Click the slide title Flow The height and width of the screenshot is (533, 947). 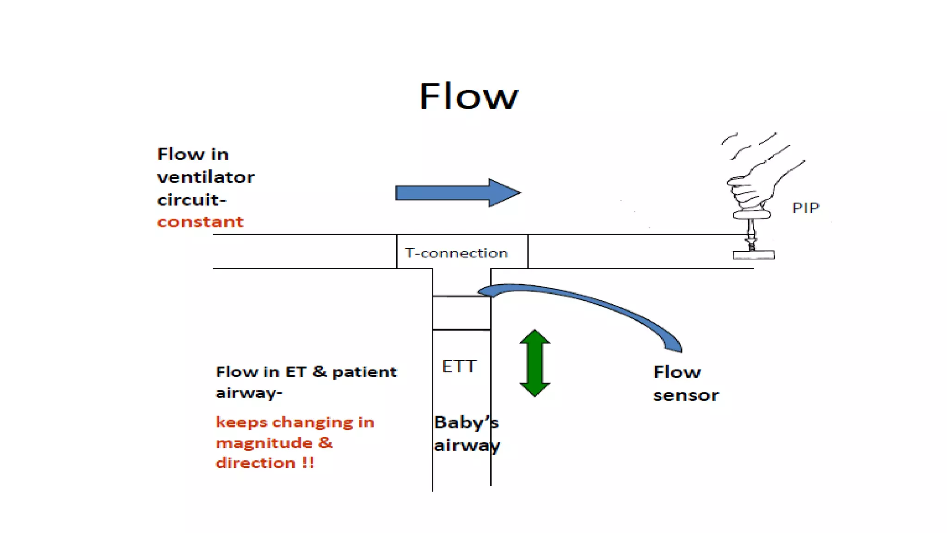[468, 96]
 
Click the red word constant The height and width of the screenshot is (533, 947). [200, 222]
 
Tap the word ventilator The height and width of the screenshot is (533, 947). [206, 177]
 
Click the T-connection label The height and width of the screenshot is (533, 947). [456, 253]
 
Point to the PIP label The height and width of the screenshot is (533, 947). [806, 208]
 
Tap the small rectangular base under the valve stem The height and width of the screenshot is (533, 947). [753, 255]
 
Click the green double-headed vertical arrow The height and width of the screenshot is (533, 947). [535, 363]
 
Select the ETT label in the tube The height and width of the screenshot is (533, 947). [459, 366]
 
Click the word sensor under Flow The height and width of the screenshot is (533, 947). [686, 396]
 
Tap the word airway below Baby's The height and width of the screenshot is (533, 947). [467, 446]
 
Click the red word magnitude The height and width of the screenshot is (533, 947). [264, 443]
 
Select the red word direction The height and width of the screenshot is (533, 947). [255, 463]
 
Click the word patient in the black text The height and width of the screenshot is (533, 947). [364, 372]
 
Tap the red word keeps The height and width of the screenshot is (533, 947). [241, 422]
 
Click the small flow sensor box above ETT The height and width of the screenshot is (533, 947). [461, 313]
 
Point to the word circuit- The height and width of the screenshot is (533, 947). [191, 200]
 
